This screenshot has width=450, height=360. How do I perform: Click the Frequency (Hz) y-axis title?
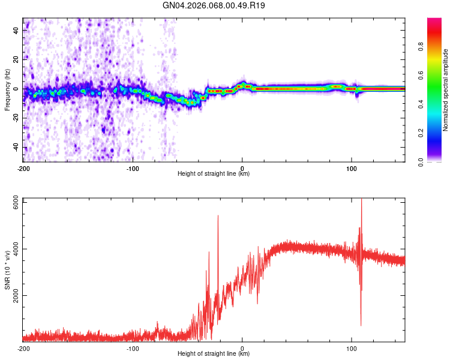[7, 90]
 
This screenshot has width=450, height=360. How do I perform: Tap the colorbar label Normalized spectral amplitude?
[445, 90]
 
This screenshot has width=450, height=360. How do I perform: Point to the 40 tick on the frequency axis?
[17, 30]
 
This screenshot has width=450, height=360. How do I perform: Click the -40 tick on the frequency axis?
[16, 148]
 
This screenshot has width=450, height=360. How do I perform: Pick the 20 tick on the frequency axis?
[17, 59]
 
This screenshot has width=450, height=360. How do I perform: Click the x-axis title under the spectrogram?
[214, 174]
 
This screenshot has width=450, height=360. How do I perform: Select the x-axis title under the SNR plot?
[214, 354]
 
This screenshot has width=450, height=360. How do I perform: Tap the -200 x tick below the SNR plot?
[23, 348]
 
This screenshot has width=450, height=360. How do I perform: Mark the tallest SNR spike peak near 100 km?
[361, 199]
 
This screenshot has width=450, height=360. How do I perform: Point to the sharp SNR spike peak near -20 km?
[218, 215]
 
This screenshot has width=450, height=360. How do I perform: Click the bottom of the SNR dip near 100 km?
[361, 326]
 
